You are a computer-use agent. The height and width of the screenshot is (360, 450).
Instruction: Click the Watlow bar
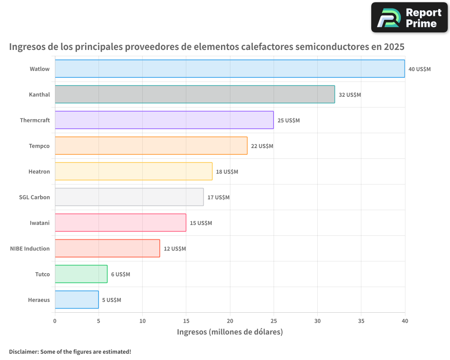(x=229, y=69)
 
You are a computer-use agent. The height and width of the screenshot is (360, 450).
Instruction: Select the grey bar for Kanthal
(x=194, y=94)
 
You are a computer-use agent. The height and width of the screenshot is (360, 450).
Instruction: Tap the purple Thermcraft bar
(x=164, y=120)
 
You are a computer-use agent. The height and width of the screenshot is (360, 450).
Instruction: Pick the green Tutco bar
(x=81, y=274)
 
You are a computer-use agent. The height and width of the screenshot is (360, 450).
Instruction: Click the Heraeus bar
(x=76, y=300)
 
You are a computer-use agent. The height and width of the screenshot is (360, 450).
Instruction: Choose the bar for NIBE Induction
(x=107, y=248)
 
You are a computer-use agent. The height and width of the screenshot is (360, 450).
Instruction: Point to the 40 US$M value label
(x=419, y=69)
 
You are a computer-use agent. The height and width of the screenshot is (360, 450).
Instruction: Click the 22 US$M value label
(x=262, y=146)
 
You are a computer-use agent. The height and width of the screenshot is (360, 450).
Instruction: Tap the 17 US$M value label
(x=218, y=198)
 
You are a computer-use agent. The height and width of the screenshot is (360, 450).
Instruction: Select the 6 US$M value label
(x=121, y=274)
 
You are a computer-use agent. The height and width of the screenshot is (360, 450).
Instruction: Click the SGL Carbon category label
(x=34, y=197)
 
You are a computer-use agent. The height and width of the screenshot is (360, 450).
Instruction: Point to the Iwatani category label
(x=40, y=223)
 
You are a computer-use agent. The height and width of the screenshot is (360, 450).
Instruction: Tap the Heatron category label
(x=39, y=171)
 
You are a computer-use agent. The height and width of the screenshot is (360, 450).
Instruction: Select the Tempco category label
(x=39, y=146)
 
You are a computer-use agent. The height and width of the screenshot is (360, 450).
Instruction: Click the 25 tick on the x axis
(x=274, y=321)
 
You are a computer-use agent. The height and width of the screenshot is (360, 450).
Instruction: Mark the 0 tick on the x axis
(x=55, y=321)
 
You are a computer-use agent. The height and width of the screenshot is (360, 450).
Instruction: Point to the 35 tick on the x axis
(x=361, y=321)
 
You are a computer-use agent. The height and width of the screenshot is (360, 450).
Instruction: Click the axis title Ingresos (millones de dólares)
(x=229, y=332)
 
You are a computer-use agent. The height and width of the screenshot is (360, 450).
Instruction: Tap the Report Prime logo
(x=409, y=18)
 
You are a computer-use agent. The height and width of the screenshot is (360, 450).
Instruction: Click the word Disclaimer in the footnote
(x=23, y=351)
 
